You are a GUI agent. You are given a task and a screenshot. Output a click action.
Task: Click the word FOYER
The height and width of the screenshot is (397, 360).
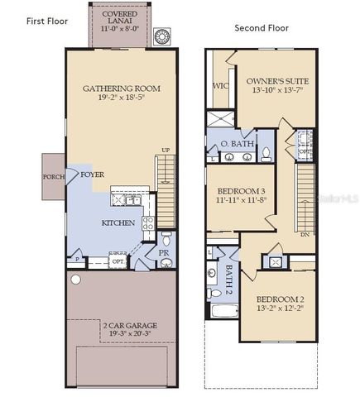pyautogui.click(x=92, y=175)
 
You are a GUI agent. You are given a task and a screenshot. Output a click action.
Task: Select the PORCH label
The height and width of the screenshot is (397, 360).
pyautogui.click(x=55, y=176)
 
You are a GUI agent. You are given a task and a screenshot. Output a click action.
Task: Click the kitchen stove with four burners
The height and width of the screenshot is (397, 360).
pyautogui.click(x=148, y=222)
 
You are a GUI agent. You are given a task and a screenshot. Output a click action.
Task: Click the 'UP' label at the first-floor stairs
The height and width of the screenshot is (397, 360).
pyautogui.click(x=165, y=150)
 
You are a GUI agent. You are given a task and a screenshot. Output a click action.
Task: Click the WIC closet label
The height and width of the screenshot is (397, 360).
pyautogui.click(x=220, y=85)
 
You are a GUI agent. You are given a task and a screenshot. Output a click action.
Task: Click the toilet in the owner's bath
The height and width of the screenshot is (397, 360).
pyautogui.click(x=265, y=153)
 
